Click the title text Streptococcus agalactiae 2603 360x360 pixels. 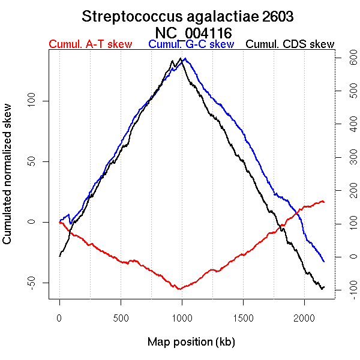(188, 16)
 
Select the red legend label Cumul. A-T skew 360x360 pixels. (90, 45)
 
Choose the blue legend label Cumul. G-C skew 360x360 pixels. (191, 45)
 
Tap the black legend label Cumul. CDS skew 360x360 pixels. (290, 45)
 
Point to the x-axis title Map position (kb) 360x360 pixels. (191, 342)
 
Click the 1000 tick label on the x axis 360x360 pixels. (182, 317)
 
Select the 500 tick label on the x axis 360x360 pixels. (121, 317)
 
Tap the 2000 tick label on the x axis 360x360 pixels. (304, 317)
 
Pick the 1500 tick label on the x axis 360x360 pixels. (243, 317)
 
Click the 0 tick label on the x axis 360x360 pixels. (59, 317)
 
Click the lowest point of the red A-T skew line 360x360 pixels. (179, 289)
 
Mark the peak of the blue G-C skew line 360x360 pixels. (185, 59)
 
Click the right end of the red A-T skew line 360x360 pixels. (324, 202)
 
